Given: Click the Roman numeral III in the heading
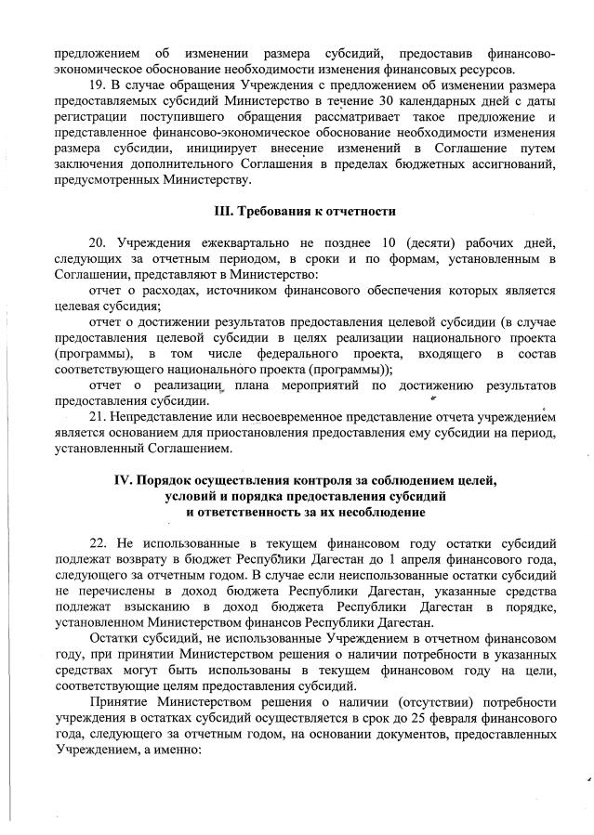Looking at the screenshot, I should coord(217,212).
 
